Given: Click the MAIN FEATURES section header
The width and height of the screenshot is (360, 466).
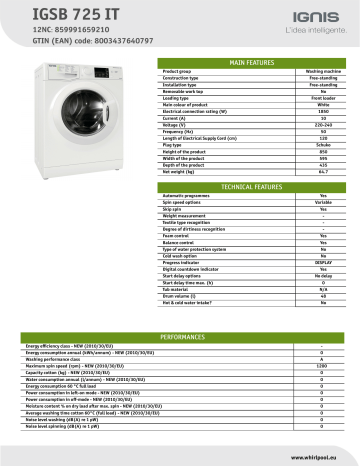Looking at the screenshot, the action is click(251, 63).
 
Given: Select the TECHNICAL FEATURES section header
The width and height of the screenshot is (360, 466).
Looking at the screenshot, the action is click(251, 187).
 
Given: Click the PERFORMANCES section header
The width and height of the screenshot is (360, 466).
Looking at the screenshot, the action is click(180, 338).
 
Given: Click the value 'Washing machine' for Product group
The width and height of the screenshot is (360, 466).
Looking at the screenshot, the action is click(321, 73).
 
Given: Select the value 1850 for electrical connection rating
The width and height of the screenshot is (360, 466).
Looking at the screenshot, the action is click(323, 111).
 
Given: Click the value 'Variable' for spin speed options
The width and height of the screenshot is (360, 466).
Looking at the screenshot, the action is click(323, 204).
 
